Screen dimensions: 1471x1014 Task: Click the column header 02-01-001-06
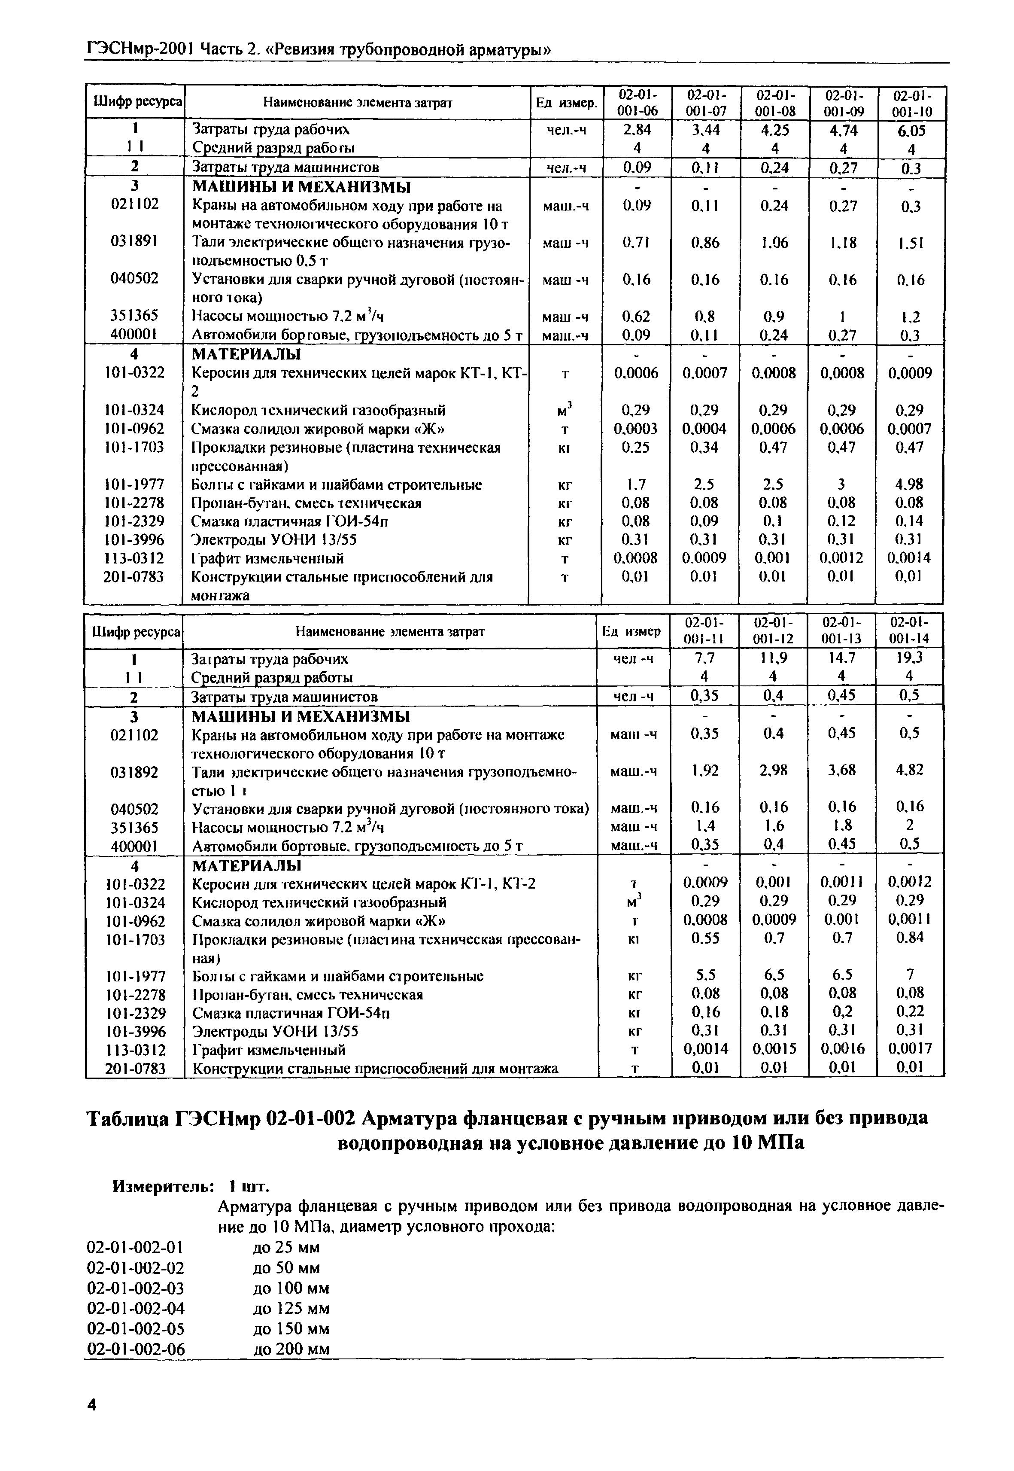pyautogui.click(x=637, y=103)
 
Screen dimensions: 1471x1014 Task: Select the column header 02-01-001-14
pyautogui.click(x=909, y=630)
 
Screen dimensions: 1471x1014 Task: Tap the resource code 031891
pyautogui.click(x=134, y=242)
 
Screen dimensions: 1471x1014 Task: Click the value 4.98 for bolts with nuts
pyautogui.click(x=910, y=484)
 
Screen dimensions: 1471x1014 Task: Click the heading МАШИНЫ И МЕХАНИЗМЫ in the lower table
pyautogui.click(x=301, y=716)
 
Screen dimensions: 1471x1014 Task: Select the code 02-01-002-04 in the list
pyautogui.click(x=135, y=1308)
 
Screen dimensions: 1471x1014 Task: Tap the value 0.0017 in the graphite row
pyautogui.click(x=909, y=1048)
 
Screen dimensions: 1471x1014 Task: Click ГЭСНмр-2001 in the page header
pyautogui.click(x=138, y=49)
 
